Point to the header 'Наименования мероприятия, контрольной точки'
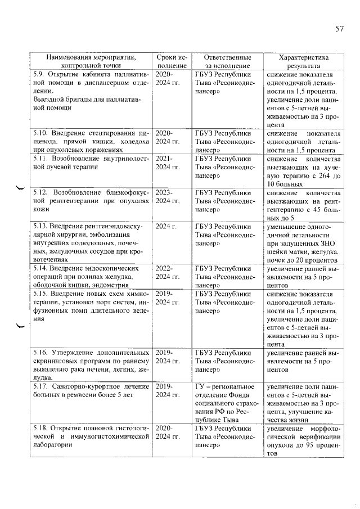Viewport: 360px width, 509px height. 91,62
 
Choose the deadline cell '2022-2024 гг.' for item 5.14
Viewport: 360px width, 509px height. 167,273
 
